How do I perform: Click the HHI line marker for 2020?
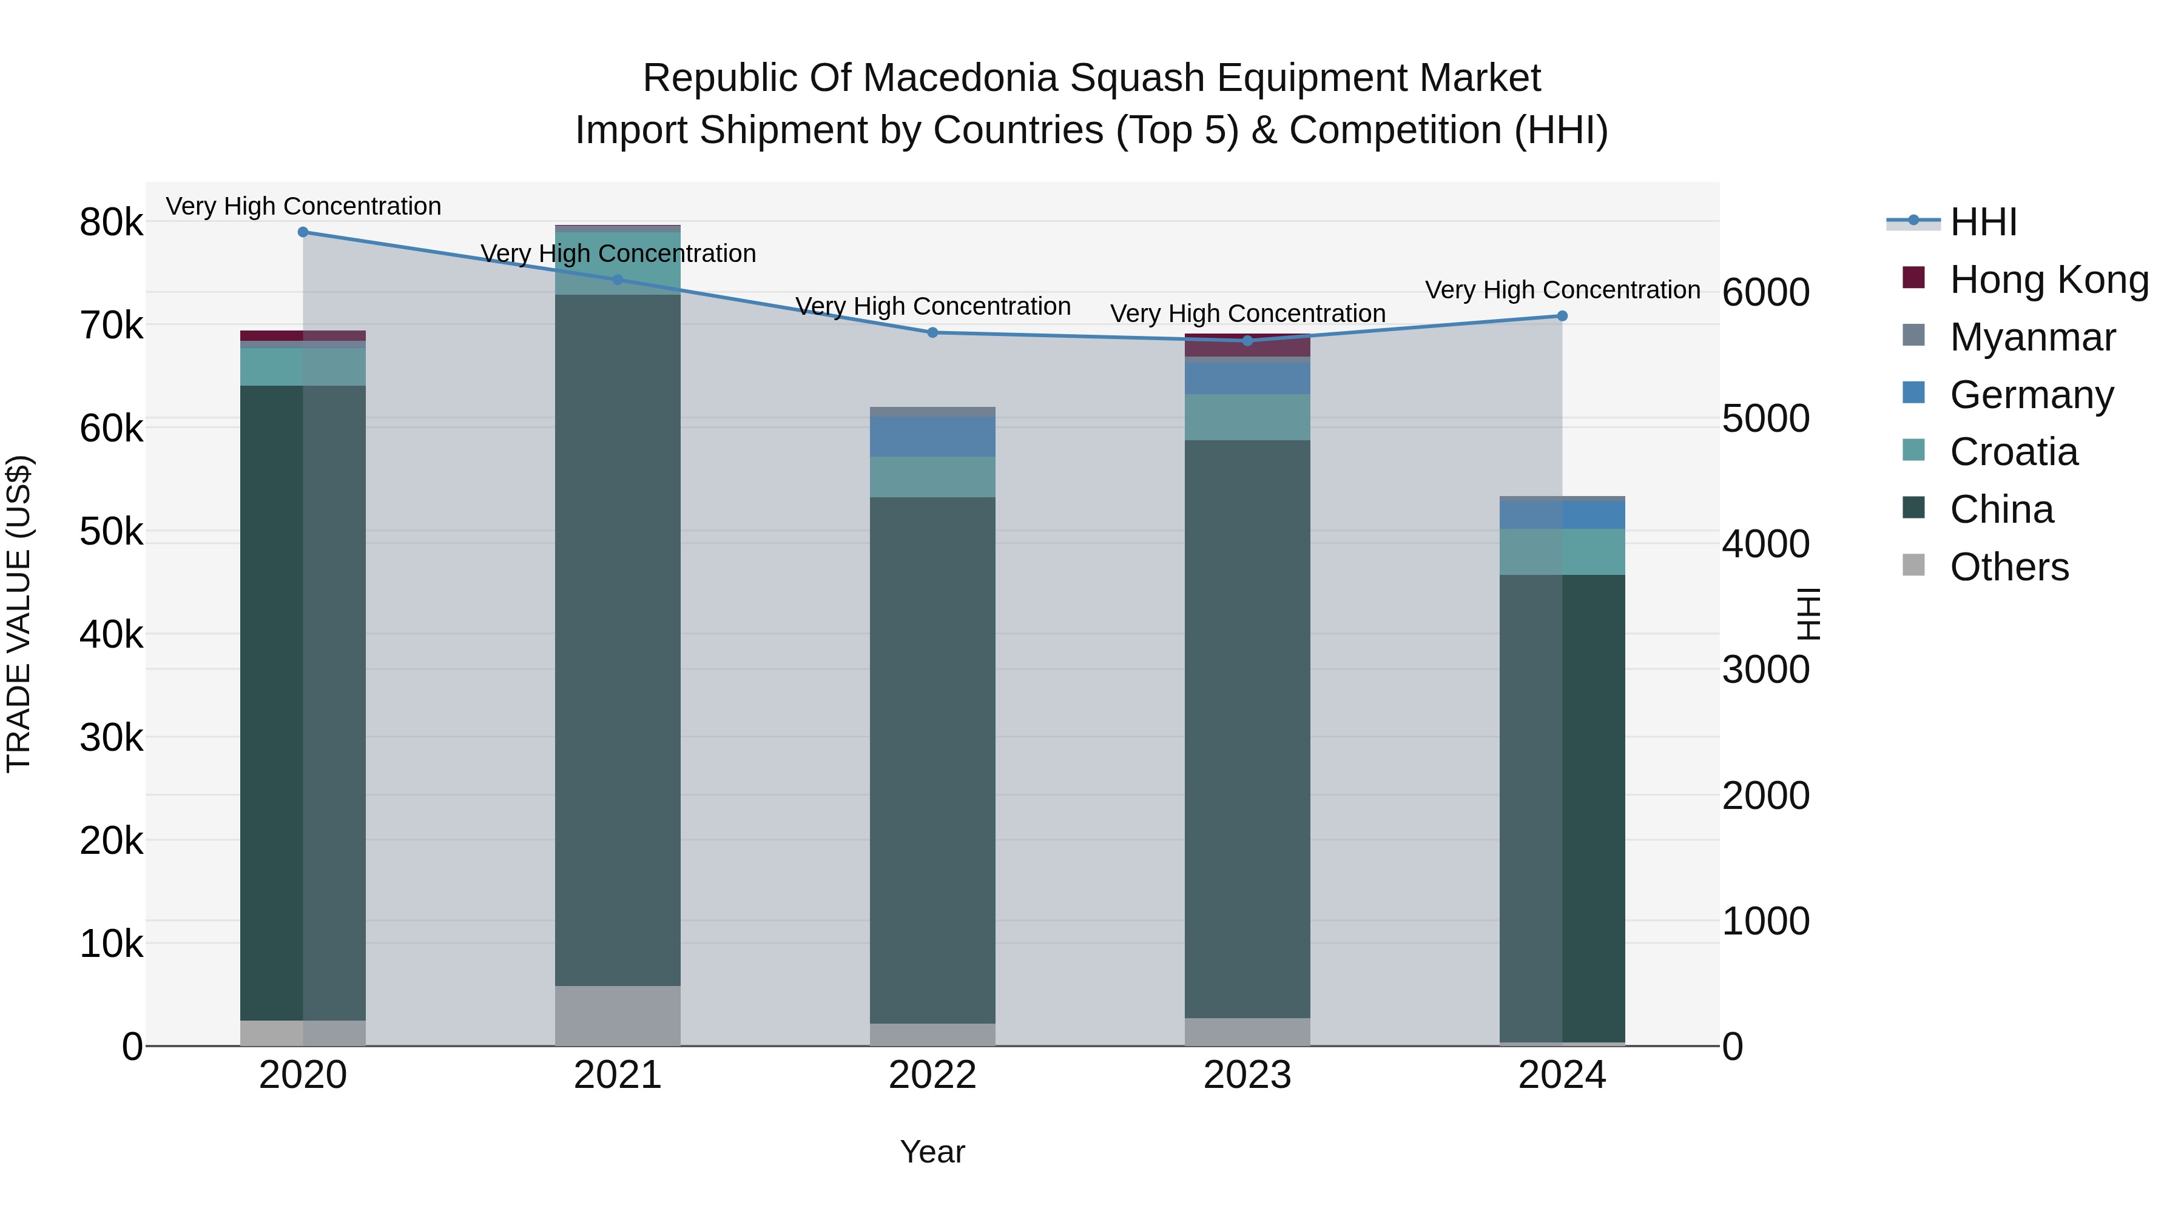click(x=303, y=232)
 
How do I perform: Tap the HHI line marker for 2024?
click(x=1562, y=316)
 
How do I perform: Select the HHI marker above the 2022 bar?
click(x=932, y=332)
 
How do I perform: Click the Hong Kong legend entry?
click(x=2047, y=280)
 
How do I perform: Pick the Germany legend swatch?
click(x=1913, y=393)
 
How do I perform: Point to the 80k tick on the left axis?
click(x=111, y=223)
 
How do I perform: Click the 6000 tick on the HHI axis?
click(x=1765, y=292)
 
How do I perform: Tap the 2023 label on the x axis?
click(x=1247, y=1075)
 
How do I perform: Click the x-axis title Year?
click(x=932, y=1152)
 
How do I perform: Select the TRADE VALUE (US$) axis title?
click(x=19, y=614)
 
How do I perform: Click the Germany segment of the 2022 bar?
click(x=932, y=437)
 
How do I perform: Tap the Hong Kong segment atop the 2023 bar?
click(x=1247, y=347)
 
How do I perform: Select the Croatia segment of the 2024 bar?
click(x=1562, y=552)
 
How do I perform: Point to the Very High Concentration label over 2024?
click(x=1562, y=290)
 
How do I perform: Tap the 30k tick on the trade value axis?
click(x=111, y=738)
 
